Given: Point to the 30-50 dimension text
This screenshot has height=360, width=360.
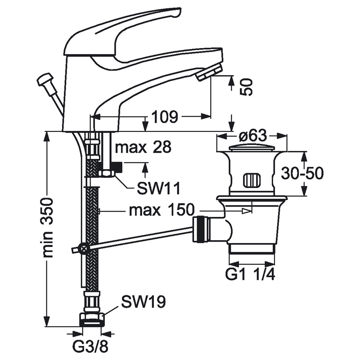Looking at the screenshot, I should (x=302, y=173).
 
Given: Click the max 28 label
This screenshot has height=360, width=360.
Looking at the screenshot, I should (x=143, y=147).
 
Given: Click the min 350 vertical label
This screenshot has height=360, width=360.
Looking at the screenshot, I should (x=50, y=227).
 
